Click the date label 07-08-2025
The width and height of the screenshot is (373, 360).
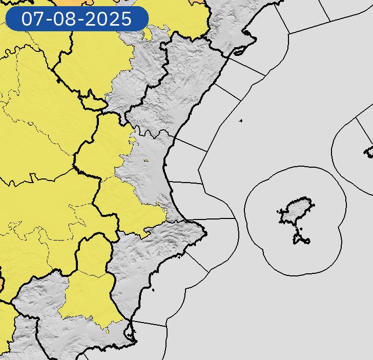click(77, 19)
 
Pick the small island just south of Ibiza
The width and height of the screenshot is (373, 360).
click(301, 238)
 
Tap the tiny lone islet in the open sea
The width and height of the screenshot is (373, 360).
click(240, 121)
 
